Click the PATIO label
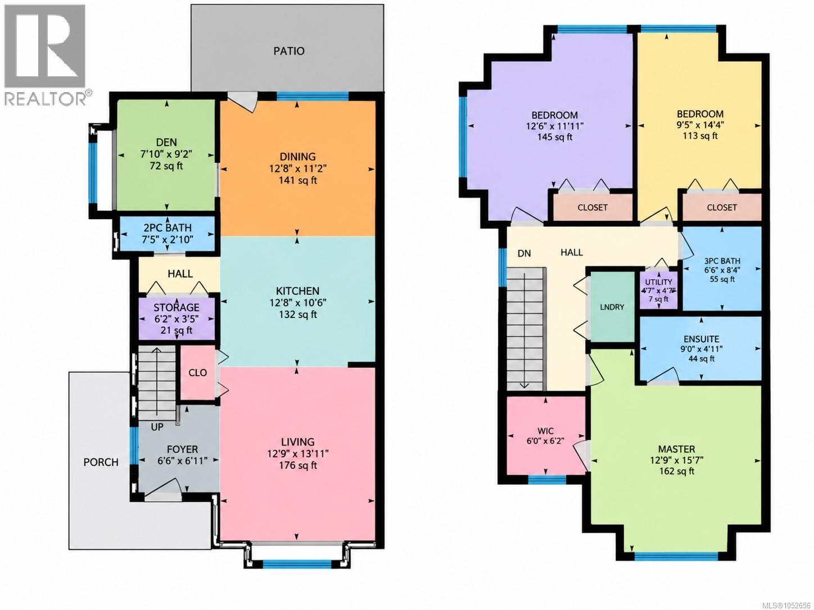tap(289, 51)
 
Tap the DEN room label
tap(166, 142)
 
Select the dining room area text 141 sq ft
tap(298, 181)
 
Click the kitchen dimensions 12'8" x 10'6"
tap(298, 303)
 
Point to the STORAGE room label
tap(177, 307)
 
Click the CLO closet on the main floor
tap(197, 372)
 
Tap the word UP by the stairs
tap(157, 427)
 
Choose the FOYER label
tap(183, 449)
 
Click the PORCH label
tap(101, 462)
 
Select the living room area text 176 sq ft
tap(298, 466)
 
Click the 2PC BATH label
tap(168, 227)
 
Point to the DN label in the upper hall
tap(524, 253)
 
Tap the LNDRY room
tap(612, 307)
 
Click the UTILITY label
tap(659, 282)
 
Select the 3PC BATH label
tap(722, 261)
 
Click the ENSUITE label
tap(701, 339)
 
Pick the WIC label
tap(545, 431)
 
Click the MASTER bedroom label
tap(676, 449)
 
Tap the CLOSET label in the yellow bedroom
tap(722, 207)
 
